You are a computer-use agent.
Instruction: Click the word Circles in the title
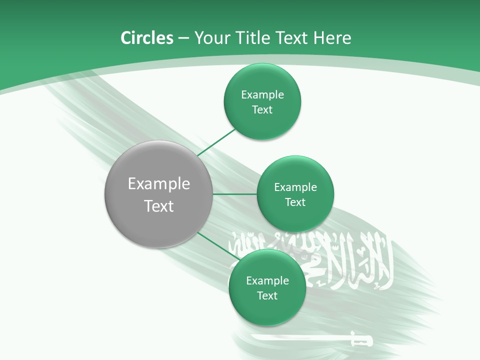146,38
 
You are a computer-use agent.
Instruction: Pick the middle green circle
295,215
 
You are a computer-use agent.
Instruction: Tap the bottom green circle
267,310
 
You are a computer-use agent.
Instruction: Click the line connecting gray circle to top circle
217,142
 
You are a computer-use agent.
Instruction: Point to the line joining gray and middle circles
234,194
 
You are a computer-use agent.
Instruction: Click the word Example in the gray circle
159,184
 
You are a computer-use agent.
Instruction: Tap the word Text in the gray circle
159,206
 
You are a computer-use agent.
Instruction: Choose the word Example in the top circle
262,95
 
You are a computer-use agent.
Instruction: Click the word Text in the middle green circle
295,202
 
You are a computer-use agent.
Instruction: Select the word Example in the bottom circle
267,281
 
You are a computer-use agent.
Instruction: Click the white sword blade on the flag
300,338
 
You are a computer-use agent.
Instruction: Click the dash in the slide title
183,38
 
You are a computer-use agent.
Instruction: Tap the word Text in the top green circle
262,110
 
